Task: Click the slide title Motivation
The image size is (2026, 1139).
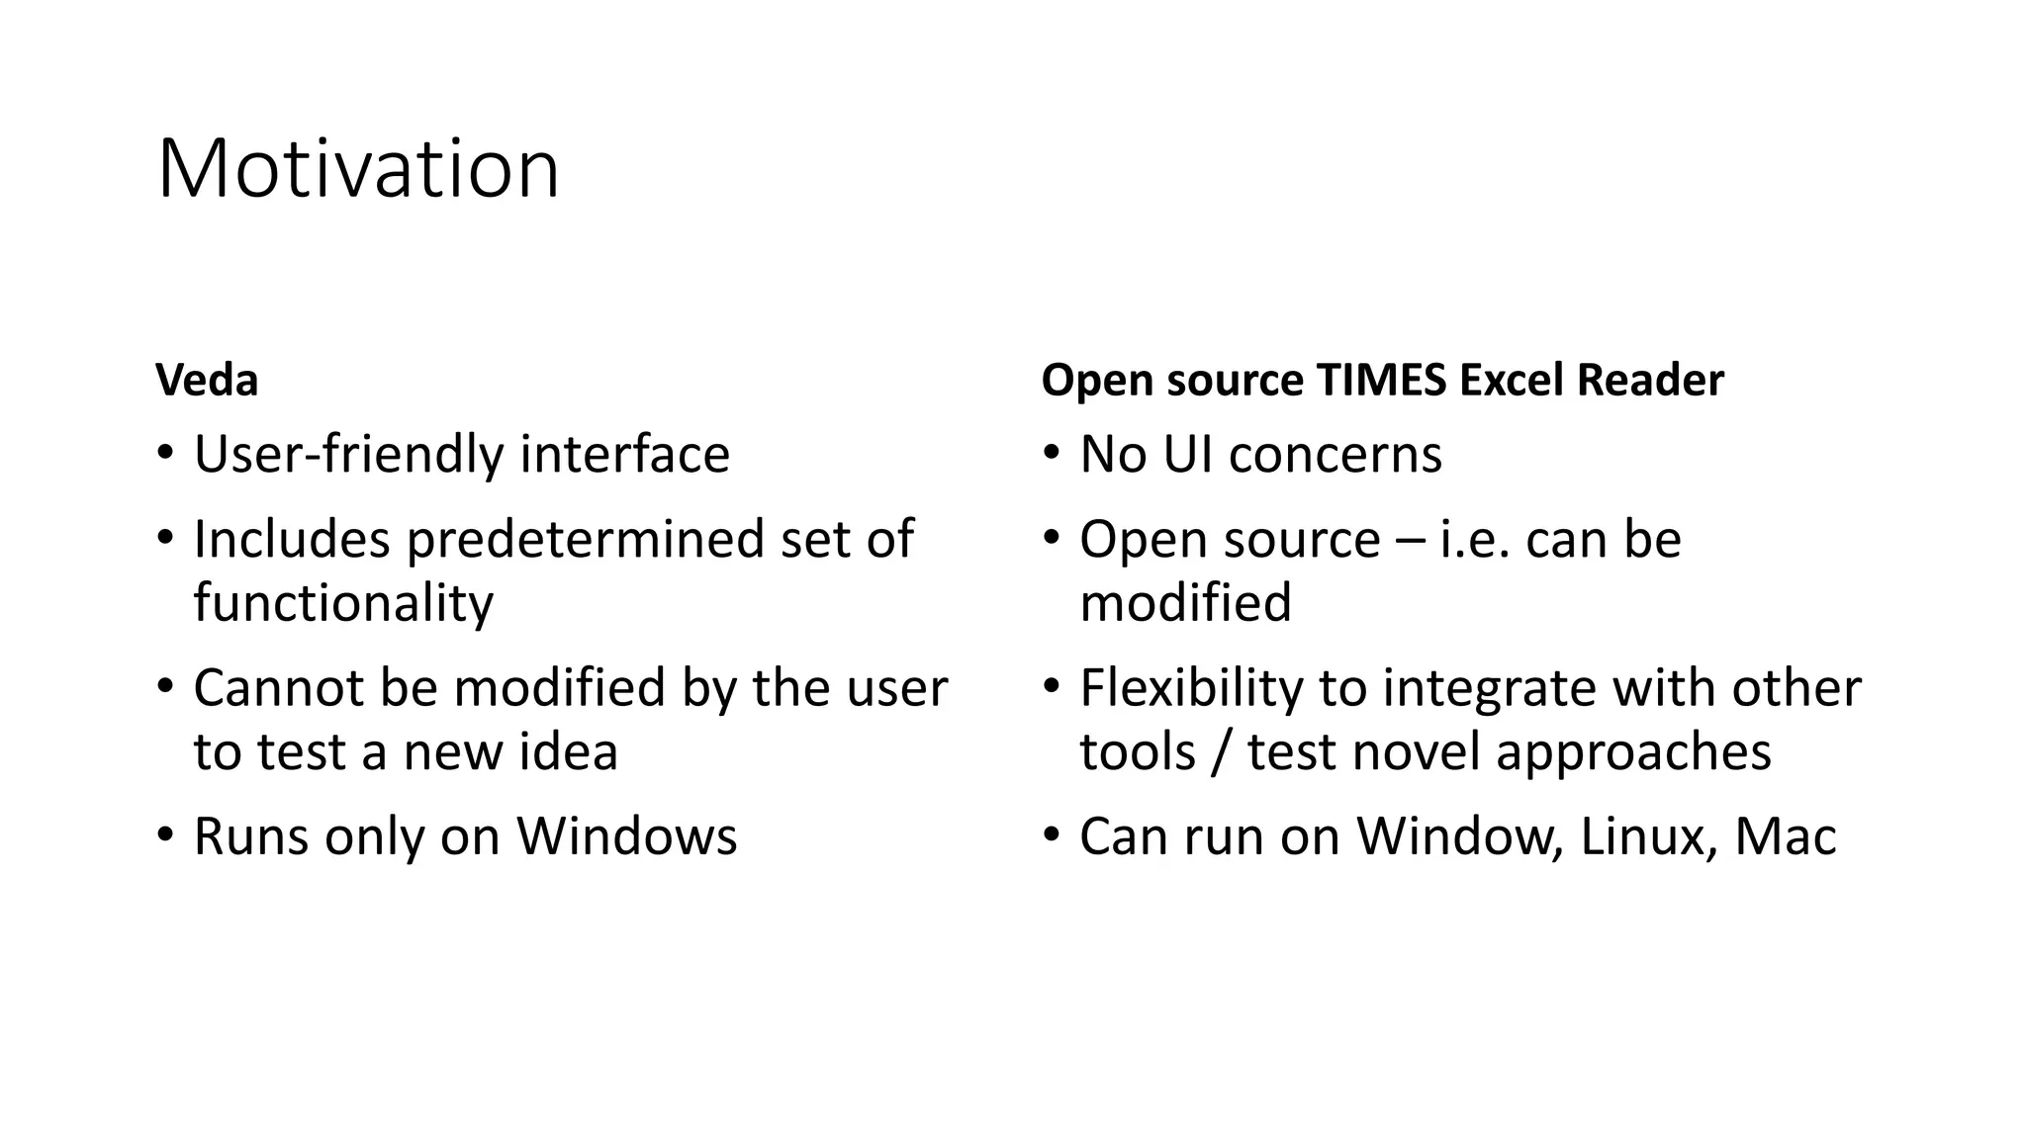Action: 358,169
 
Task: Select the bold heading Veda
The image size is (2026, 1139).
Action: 207,381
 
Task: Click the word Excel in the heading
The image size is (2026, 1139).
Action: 1511,381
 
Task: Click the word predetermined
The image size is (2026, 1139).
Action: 585,540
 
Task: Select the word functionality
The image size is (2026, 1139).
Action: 342,603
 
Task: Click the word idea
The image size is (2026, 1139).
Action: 574,751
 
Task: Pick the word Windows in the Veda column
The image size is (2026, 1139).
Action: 627,836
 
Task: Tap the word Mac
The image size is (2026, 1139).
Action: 1785,836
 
